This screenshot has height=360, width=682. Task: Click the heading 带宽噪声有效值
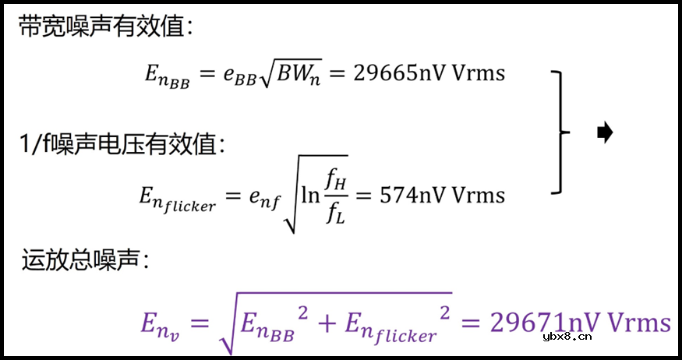105,27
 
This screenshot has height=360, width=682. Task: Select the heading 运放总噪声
85,261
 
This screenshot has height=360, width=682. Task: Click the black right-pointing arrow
604,133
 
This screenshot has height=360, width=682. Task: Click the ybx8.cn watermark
566,337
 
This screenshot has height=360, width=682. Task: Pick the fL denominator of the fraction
336,211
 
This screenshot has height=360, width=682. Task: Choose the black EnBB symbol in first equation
167,76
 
